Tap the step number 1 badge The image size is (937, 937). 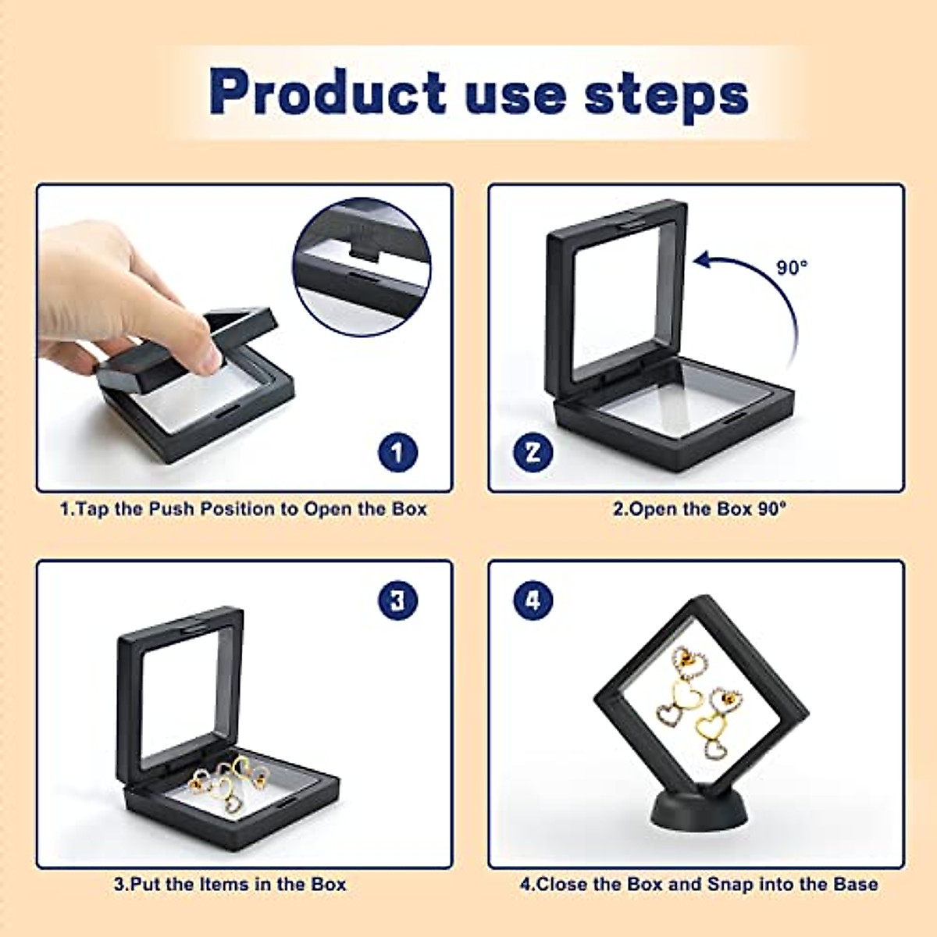tap(397, 453)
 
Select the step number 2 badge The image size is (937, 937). tap(533, 453)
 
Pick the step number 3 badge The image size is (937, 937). tap(397, 600)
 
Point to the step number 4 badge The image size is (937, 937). tap(533, 600)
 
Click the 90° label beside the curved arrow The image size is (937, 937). tap(792, 267)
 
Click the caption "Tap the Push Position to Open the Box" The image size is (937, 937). tap(244, 509)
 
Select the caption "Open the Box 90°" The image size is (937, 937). tap(699, 509)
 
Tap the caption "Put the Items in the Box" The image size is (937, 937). tap(230, 884)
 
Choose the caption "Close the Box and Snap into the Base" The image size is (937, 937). tap(699, 884)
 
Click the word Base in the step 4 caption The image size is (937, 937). tap(856, 884)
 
